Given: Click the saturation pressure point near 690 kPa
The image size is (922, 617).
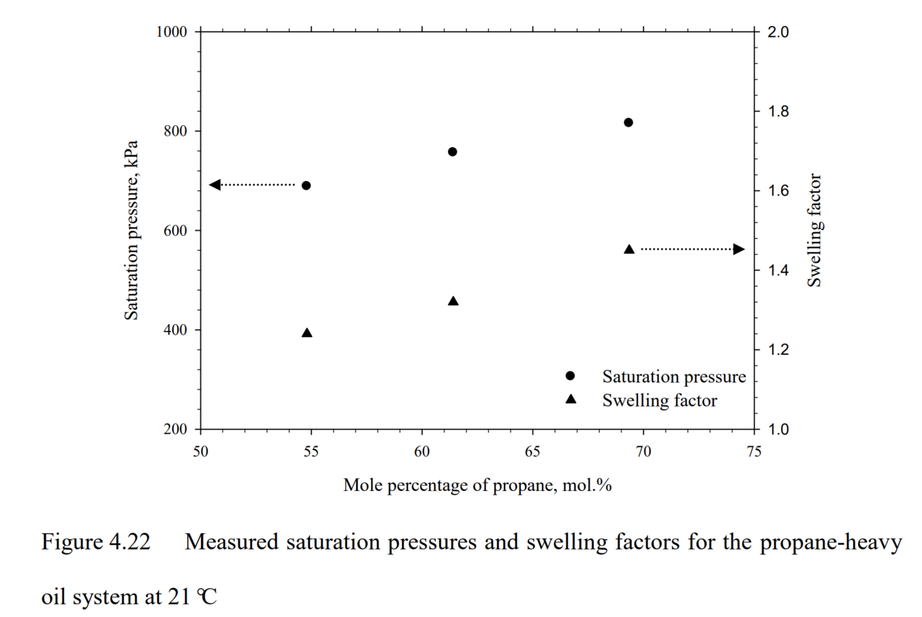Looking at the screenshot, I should click(306, 185).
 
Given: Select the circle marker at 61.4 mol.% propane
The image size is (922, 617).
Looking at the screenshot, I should click(452, 151).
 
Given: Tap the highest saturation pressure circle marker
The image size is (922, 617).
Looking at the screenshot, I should click(629, 123).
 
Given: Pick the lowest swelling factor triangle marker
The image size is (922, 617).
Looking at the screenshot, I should click(306, 333).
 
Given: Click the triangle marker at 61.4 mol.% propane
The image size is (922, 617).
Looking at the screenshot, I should click(453, 301).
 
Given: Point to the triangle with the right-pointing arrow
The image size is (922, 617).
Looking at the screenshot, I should click(629, 249).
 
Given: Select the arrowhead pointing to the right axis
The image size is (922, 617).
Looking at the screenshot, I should click(739, 249).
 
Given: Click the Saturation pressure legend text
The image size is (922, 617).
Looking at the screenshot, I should click(673, 377).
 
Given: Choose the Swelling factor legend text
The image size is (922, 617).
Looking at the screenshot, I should click(659, 400).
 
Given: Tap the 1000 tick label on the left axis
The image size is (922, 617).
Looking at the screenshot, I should click(172, 32).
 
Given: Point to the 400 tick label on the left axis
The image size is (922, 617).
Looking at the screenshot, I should click(176, 330).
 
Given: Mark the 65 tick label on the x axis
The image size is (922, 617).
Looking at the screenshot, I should click(532, 452).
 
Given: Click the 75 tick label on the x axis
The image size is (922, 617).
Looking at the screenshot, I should click(754, 452).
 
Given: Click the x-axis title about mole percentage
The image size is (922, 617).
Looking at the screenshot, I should click(477, 485).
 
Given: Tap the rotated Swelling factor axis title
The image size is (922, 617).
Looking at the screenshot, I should click(814, 230).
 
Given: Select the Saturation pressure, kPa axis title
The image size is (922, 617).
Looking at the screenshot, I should click(131, 230).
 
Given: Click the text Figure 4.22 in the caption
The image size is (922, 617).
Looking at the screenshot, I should click(95, 542).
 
